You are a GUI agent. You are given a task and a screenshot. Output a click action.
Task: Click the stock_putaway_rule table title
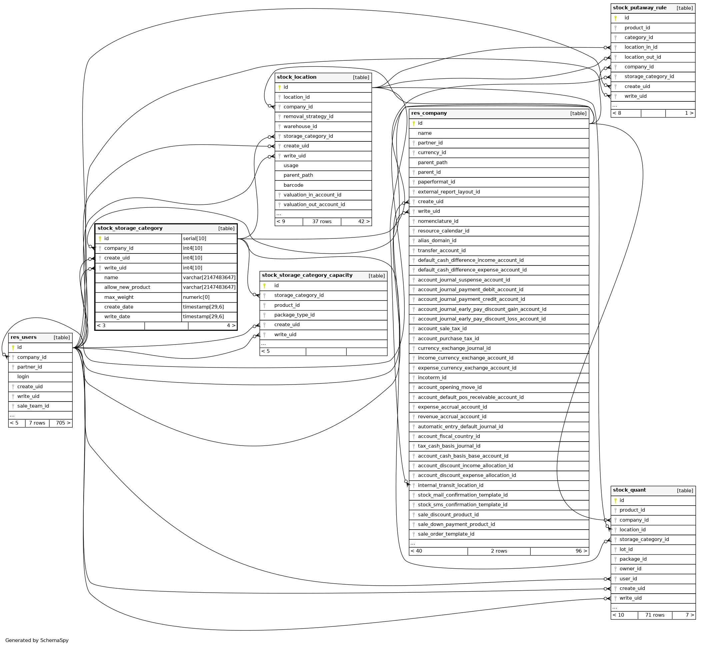click(x=639, y=8)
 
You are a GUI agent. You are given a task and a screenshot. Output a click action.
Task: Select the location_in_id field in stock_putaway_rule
click(x=640, y=47)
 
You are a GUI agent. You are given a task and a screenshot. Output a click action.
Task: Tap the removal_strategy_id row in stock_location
click(x=308, y=117)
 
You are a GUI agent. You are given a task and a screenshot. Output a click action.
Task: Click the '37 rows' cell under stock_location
click(x=322, y=222)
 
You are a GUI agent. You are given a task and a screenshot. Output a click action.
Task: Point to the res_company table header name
click(x=429, y=113)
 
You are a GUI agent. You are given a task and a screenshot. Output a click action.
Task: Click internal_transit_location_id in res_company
click(x=450, y=485)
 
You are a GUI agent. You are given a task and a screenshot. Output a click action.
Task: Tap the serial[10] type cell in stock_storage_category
click(x=195, y=239)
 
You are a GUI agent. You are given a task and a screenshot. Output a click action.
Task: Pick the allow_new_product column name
click(x=127, y=287)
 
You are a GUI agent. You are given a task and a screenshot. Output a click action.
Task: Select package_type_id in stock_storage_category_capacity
click(x=294, y=315)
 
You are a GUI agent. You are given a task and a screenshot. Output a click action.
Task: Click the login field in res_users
click(x=23, y=377)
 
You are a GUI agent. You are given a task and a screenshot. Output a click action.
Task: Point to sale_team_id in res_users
click(x=33, y=406)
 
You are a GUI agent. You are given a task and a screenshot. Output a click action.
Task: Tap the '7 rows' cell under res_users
click(x=37, y=423)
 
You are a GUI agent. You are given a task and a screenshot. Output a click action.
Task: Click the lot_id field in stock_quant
click(x=626, y=549)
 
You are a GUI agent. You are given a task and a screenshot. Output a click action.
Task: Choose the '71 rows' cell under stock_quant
click(x=654, y=615)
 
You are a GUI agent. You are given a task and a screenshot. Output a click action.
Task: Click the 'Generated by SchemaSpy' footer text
click(x=37, y=640)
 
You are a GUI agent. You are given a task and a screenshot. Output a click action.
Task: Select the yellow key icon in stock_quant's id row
click(x=615, y=500)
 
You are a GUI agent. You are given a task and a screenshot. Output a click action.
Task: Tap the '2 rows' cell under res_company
click(x=499, y=551)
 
